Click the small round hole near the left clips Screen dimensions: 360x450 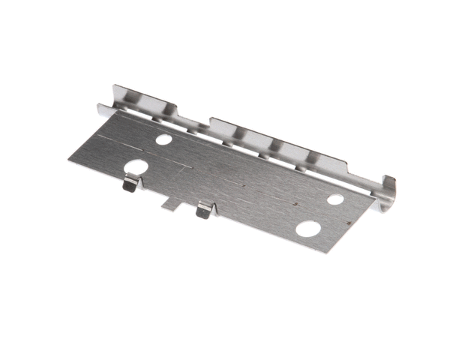point(163,139)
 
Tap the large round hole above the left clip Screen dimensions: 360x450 point(136,169)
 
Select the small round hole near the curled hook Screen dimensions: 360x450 point(335,199)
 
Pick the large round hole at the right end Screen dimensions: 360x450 point(306,229)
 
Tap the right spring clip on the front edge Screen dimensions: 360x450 point(204,211)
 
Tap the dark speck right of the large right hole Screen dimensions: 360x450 point(349,223)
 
